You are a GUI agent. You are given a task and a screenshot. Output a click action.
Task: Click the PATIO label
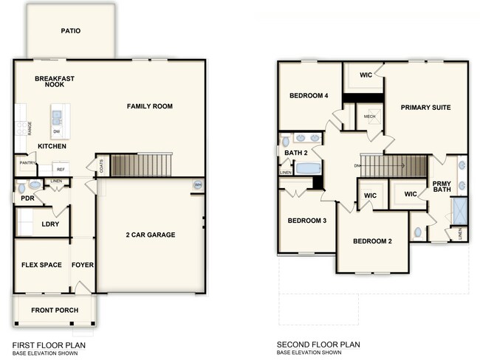click(71, 31)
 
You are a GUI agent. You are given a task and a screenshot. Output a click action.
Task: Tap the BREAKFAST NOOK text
click(54, 81)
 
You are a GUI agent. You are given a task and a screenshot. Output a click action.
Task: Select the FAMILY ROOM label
click(149, 106)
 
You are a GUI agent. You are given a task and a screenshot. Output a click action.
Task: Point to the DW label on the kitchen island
click(57, 131)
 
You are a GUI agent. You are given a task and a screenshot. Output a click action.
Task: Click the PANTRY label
click(27, 163)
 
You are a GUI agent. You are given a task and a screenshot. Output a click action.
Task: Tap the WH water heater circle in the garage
click(197, 185)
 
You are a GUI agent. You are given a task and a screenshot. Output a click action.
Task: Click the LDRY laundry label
click(49, 224)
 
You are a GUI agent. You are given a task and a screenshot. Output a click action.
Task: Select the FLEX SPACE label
click(41, 264)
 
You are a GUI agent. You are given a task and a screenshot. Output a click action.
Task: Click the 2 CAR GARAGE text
click(150, 235)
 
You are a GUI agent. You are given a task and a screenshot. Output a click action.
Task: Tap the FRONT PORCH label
click(55, 310)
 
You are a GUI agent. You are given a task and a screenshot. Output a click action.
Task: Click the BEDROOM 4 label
click(308, 96)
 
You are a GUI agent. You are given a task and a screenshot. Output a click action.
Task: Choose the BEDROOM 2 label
click(371, 241)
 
